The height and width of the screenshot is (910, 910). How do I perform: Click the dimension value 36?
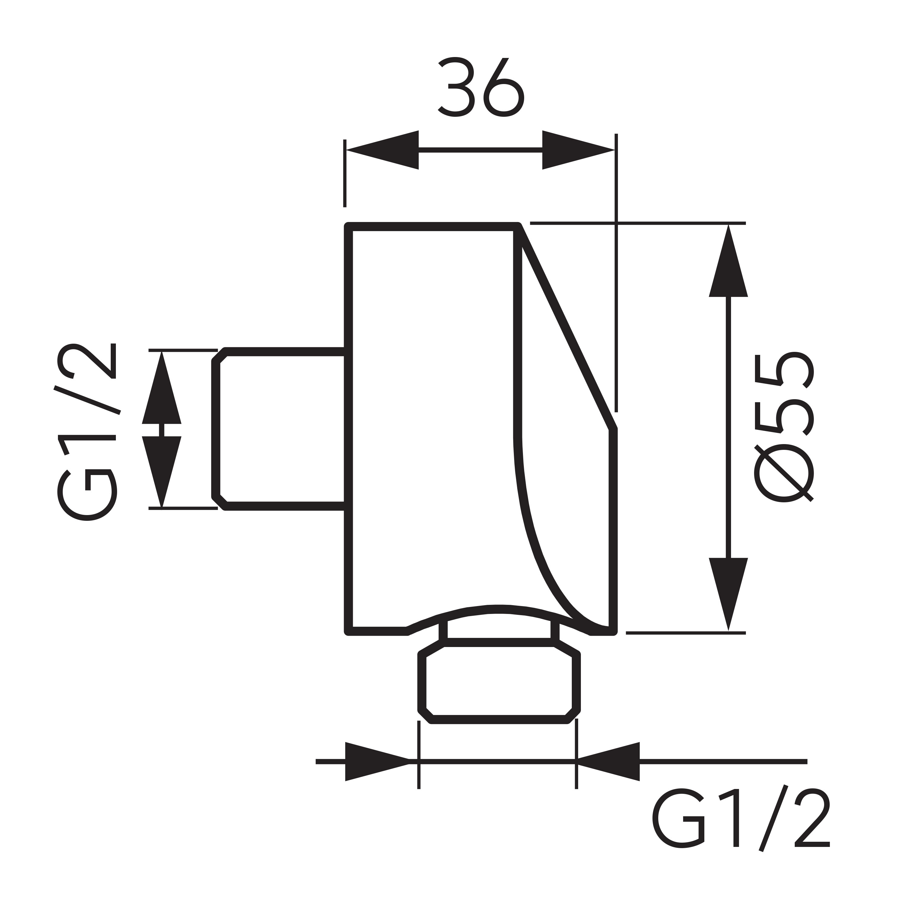pyautogui.click(x=480, y=87)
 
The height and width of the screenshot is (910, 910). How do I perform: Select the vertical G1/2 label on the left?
pyautogui.click(x=87, y=431)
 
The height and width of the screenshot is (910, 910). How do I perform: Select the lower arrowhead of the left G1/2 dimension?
pyautogui.click(x=162, y=471)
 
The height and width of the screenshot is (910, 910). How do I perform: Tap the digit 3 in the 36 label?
pyautogui.click(x=456, y=87)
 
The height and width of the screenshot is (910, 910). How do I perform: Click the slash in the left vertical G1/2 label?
pyautogui.click(x=87, y=400)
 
